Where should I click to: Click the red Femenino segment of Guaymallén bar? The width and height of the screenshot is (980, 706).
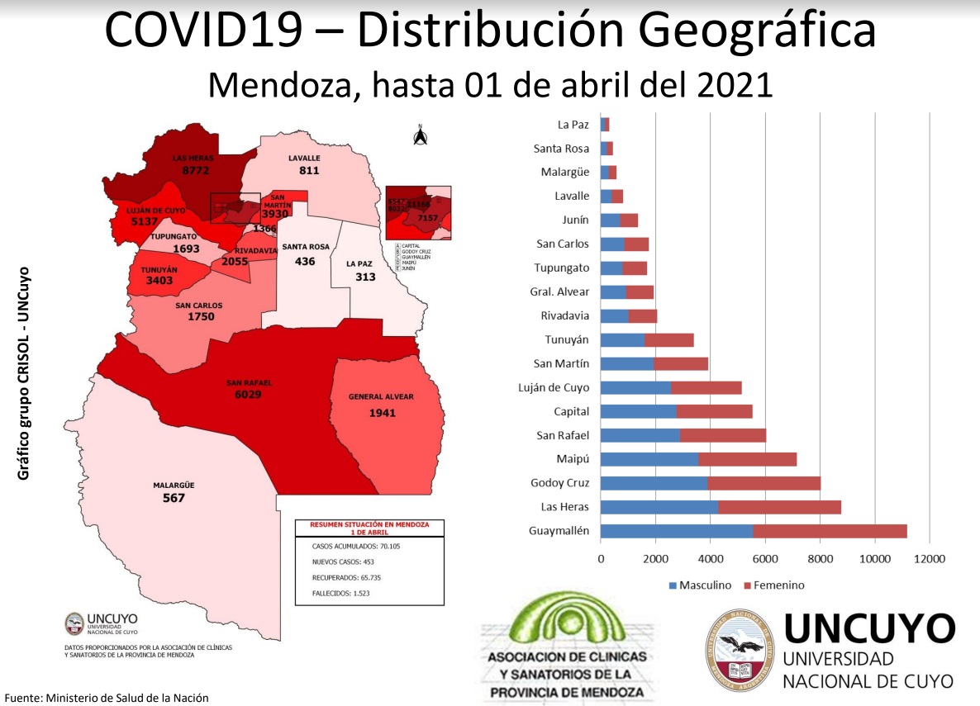pos(830,531)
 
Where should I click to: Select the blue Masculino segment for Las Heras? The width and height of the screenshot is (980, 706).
pos(659,507)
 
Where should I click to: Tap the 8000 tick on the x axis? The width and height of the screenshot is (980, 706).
pos(820,559)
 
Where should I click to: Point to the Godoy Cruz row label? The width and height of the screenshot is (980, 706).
pos(560,483)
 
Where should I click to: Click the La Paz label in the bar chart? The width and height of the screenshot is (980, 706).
pos(573,125)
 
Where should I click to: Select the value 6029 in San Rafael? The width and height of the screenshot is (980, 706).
pos(250,395)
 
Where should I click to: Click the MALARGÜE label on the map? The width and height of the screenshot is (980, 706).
pos(174,486)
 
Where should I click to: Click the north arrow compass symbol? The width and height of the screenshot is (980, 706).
pos(420,135)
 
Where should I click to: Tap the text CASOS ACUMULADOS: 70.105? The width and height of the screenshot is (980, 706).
pos(356,547)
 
